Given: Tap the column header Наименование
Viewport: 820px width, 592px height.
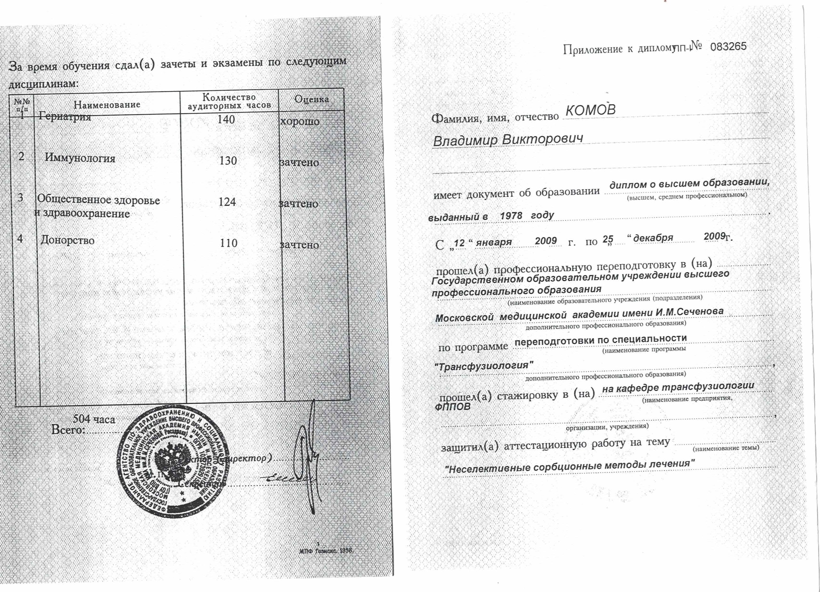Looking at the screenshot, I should (107, 105).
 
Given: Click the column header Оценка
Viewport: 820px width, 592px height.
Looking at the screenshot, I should (312, 99).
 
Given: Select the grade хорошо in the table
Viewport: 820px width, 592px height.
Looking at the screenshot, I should (300, 121).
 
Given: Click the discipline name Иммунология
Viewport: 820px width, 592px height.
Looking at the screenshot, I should (80, 158).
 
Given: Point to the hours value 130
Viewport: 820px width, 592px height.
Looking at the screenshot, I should (228, 161).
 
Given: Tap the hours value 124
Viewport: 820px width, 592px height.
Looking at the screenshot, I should (227, 202).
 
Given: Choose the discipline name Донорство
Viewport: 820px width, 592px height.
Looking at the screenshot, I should (68, 240).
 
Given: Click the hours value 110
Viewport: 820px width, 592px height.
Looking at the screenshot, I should (228, 243).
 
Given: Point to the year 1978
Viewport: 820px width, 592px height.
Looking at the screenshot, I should (511, 216).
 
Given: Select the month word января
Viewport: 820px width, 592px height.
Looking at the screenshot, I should (494, 242).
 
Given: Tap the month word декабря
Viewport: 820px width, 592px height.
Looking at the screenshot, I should (653, 238).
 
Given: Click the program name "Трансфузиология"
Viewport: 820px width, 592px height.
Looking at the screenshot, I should (484, 366).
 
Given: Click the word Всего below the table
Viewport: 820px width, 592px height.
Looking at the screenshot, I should (68, 430).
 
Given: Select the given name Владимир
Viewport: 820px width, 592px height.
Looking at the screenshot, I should (465, 140).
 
